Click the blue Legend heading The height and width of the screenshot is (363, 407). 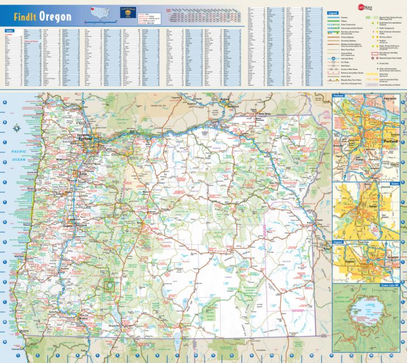click(333, 12)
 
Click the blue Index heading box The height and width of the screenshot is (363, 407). click(9, 31)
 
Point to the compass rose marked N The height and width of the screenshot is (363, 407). click(17, 128)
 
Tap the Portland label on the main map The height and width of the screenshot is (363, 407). click(85, 138)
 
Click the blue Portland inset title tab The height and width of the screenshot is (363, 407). click(338, 96)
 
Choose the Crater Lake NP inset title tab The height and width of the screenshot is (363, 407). click(391, 285)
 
